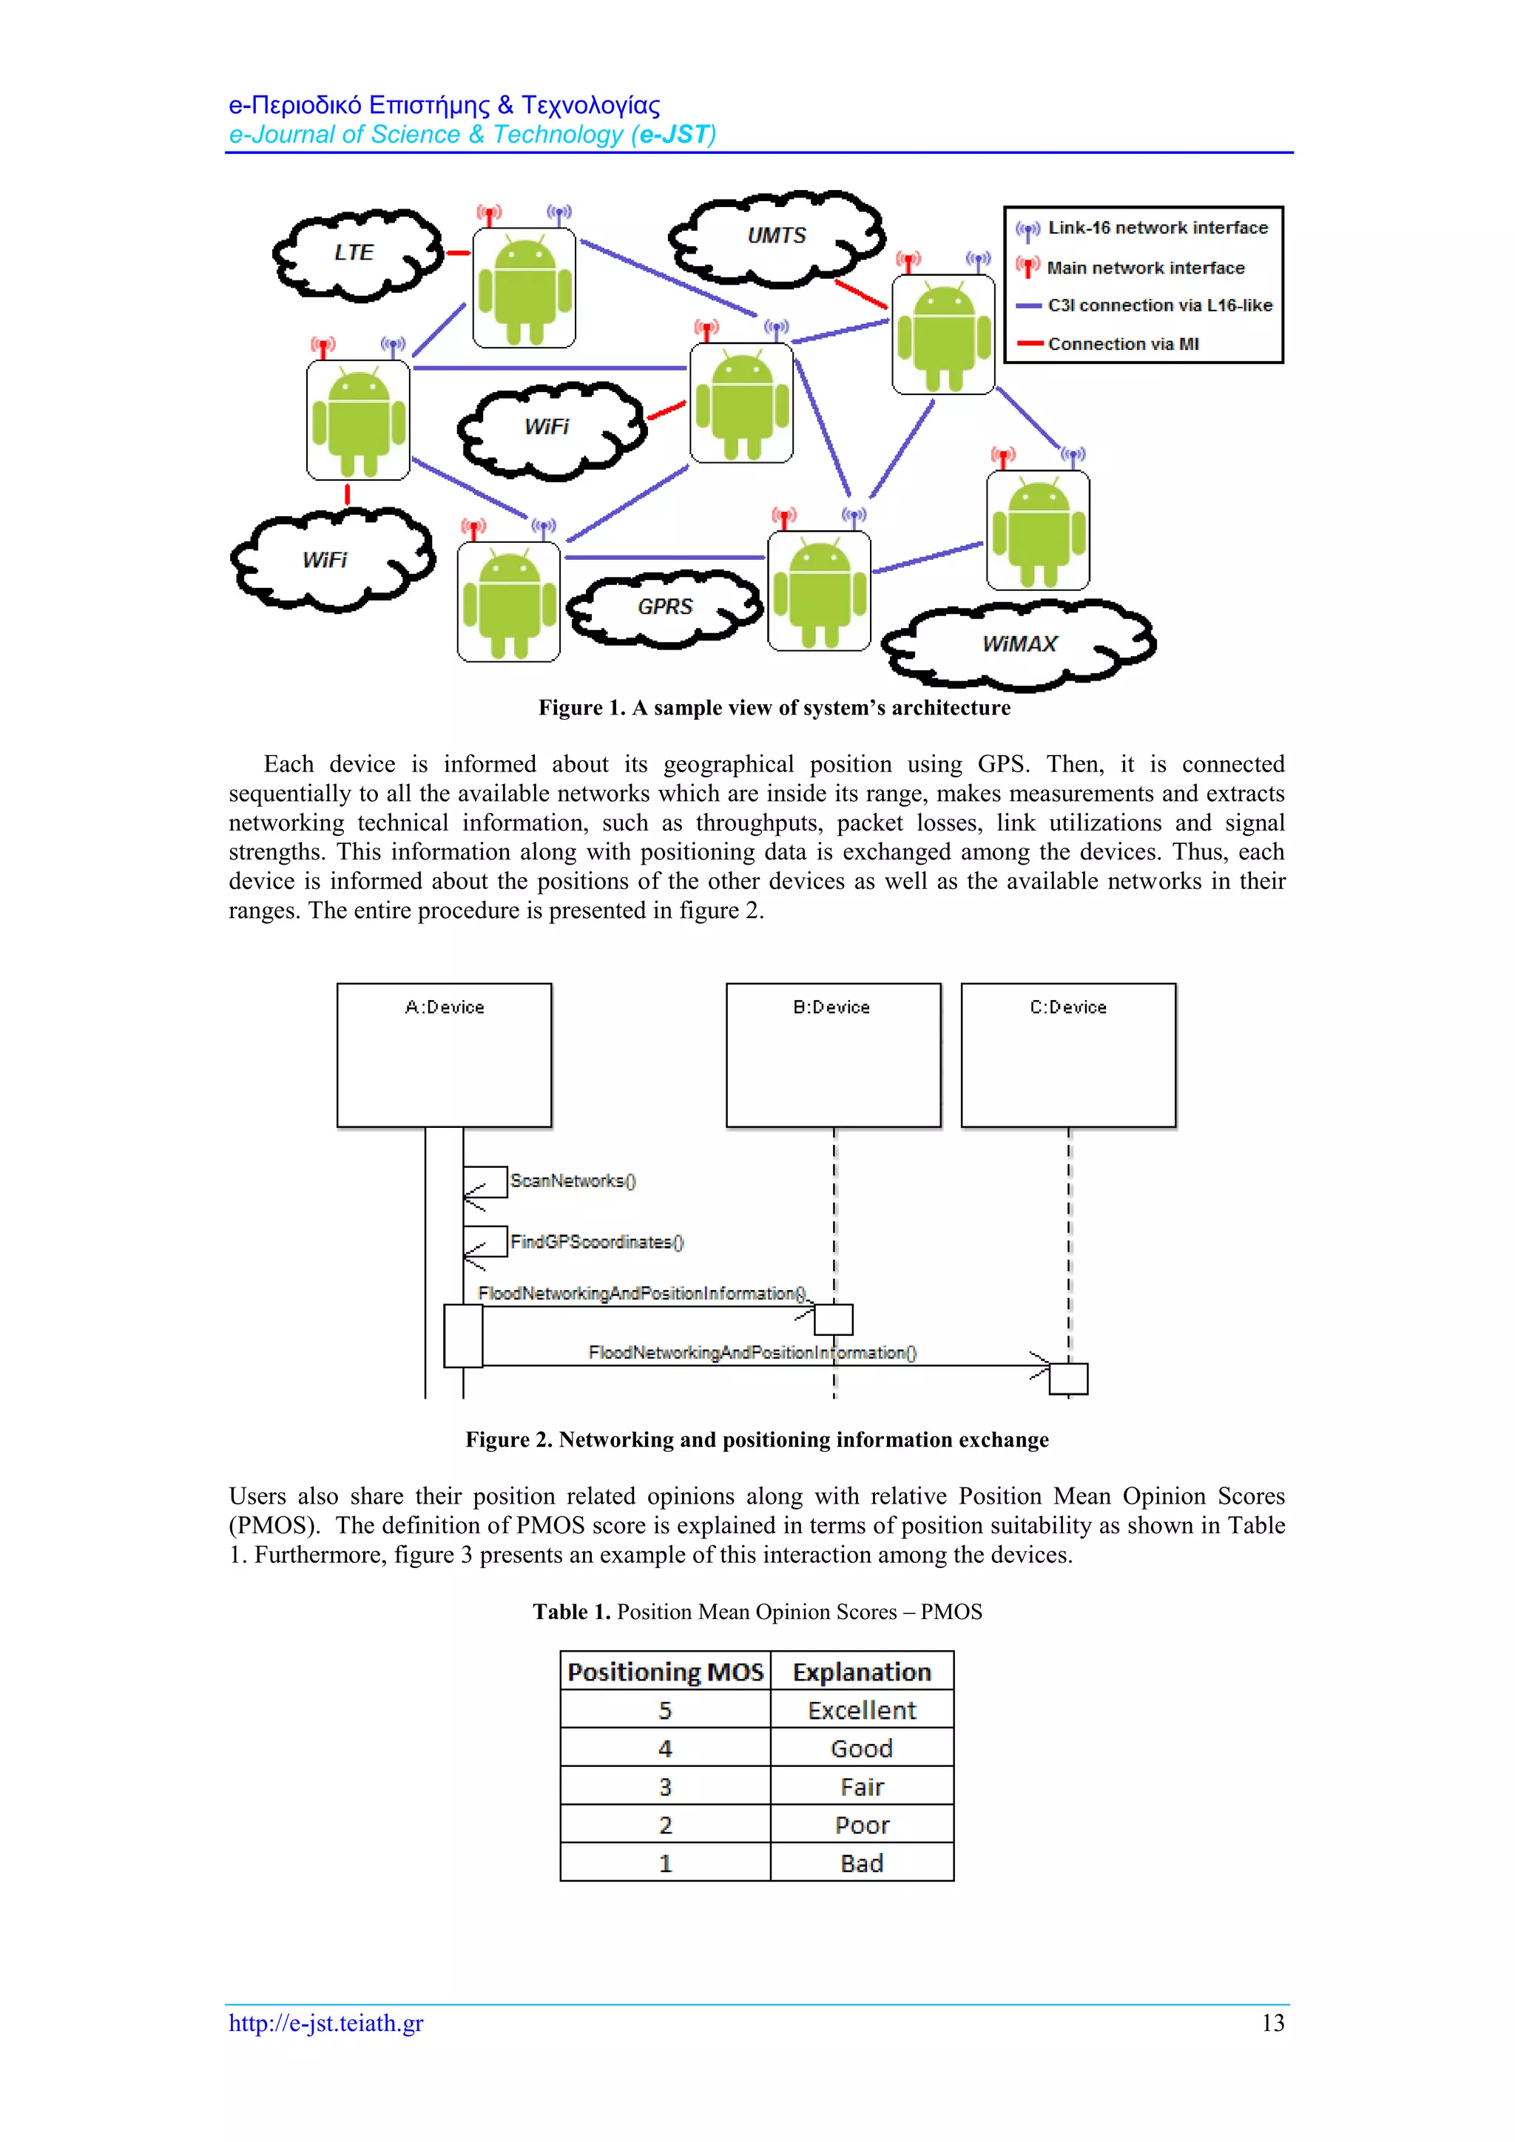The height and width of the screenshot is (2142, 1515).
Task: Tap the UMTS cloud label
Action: click(x=776, y=236)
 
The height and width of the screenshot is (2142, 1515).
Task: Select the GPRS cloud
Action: click(x=665, y=607)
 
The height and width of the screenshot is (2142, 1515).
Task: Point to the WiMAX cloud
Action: click(x=1019, y=645)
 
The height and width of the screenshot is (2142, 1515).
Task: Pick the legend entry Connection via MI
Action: click(x=1122, y=344)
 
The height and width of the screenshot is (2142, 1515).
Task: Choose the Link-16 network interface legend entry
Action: click(x=1157, y=229)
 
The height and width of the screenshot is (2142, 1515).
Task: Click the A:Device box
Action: click(x=444, y=1055)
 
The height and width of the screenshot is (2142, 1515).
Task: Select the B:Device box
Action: click(x=833, y=1055)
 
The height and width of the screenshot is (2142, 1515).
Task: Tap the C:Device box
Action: click(x=1068, y=1055)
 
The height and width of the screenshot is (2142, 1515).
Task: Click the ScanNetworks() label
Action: click(x=573, y=1181)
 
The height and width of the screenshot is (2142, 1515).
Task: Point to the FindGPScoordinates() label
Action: click(x=597, y=1243)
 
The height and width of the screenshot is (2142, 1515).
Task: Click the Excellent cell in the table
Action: click(x=862, y=1710)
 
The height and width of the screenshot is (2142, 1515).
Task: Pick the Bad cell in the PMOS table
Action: click(x=862, y=1863)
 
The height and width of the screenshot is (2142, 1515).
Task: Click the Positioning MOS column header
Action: click(x=665, y=1672)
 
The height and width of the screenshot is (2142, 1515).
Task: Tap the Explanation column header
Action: click(x=862, y=1672)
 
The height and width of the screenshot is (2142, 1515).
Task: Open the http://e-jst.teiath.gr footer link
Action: click(x=326, y=2023)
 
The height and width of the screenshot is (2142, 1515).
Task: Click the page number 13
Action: click(x=1272, y=2023)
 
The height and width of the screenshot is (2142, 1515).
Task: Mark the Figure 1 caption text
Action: click(x=775, y=708)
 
